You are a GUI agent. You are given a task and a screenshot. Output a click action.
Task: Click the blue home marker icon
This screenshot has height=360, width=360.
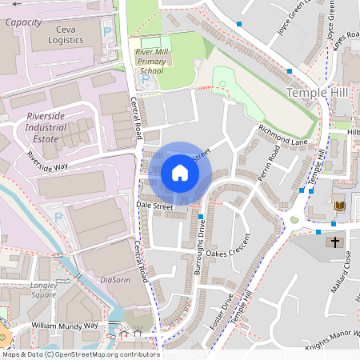(180, 173)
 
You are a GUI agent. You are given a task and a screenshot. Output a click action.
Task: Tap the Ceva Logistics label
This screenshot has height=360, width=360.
(65, 34)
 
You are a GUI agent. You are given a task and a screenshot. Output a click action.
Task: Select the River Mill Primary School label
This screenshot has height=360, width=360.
(150, 61)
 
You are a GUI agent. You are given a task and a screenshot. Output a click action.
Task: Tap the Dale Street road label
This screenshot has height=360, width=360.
(154, 206)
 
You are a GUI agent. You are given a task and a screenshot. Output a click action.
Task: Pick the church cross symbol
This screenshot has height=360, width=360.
(334, 242)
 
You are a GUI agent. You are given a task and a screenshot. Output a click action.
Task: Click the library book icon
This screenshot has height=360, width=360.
(339, 206)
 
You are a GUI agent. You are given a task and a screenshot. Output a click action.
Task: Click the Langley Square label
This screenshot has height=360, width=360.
(43, 289)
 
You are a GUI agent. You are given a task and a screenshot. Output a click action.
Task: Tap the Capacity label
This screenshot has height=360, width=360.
(23, 22)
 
